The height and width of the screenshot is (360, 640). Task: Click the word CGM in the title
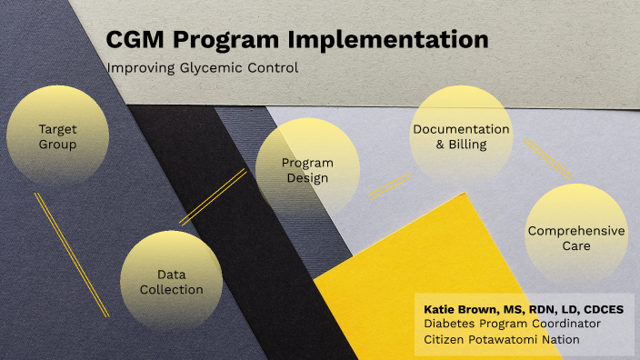[x=134, y=40]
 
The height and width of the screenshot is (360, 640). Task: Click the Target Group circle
[x=57, y=136]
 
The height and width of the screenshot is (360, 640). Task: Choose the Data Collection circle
[x=172, y=281]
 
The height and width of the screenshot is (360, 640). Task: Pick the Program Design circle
[x=307, y=170]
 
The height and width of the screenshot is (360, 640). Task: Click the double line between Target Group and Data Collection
[x=71, y=254]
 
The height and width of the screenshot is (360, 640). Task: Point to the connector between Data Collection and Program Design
[x=213, y=196]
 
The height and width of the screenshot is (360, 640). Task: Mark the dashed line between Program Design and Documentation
[x=389, y=186]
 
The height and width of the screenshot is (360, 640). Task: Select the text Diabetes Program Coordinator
[x=512, y=325]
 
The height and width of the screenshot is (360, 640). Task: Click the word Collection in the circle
[x=172, y=290]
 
